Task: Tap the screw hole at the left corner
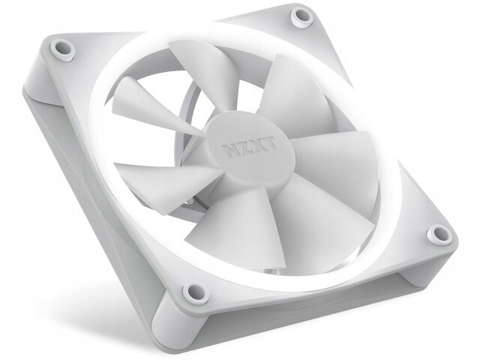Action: pos(63,49)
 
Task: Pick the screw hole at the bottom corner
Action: pos(194,292)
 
